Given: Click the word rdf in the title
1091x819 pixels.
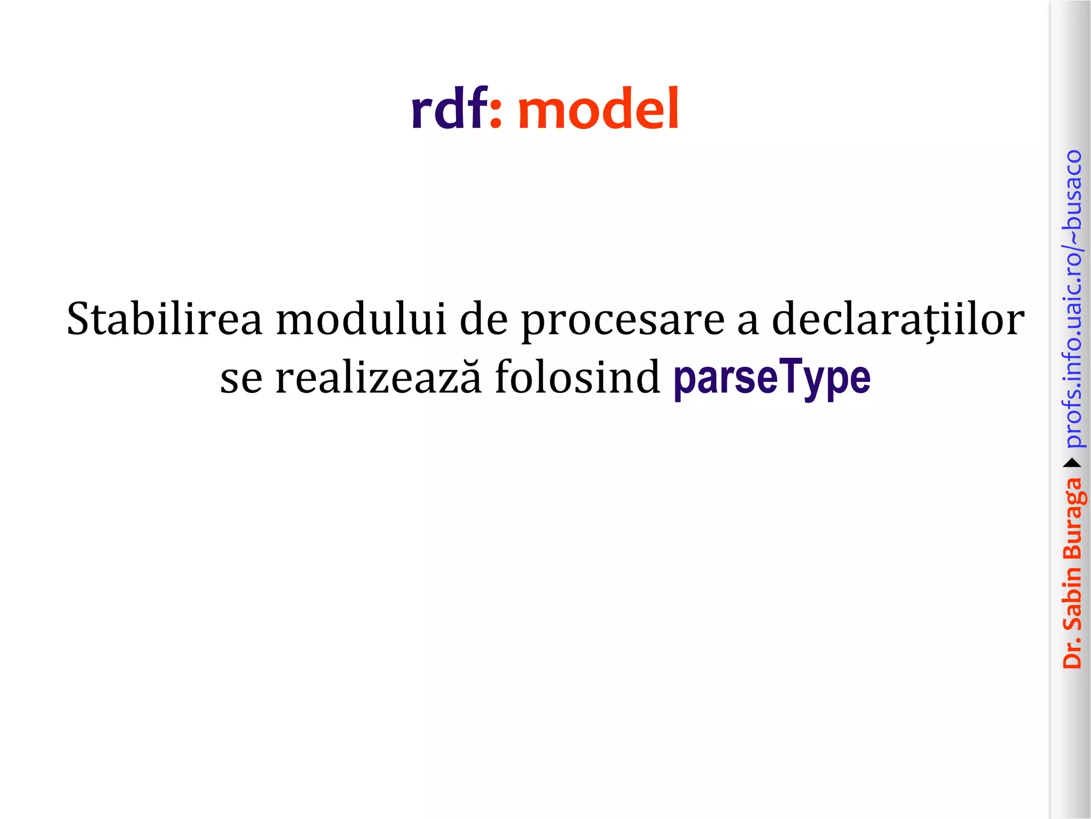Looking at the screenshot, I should point(449,109).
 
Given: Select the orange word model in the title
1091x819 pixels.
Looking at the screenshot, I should point(598,109).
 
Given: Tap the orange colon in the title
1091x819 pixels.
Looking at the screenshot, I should point(495,114).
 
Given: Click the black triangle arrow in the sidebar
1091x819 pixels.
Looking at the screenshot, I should point(1072,463).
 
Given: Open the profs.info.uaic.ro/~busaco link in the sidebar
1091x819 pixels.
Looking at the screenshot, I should point(1072,299).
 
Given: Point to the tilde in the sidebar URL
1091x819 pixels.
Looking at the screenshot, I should point(1072,235).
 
